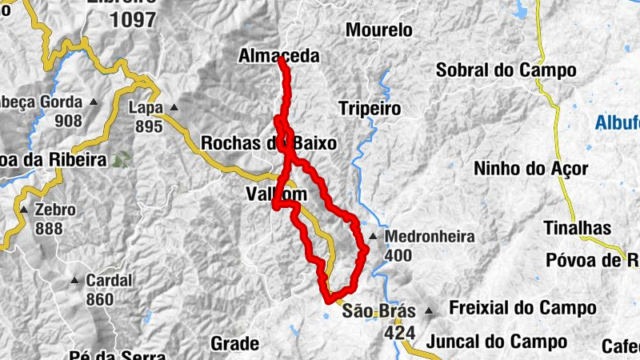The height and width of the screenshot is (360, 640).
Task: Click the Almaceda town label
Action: coord(278,56)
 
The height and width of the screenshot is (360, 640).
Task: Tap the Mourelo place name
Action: coord(378,30)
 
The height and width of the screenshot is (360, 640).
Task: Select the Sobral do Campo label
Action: coord(506,70)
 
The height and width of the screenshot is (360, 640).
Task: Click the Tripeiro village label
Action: coord(368,107)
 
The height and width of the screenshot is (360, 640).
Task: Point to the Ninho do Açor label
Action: coord(530,169)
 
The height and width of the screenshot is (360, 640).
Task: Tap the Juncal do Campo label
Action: coord(497,342)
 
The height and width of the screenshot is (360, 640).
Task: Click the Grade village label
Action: coord(234,344)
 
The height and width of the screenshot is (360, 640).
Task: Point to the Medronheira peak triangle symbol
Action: coord(374,237)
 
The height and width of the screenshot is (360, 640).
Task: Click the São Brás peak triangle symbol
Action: coord(430,310)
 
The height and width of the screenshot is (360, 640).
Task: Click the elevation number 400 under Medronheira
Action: coord(398,256)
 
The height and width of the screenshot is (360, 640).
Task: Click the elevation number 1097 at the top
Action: coord(134,21)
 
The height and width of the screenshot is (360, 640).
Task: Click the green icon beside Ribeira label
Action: coord(121,160)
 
